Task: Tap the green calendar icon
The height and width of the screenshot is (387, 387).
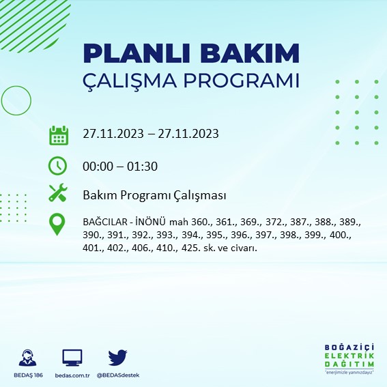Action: coord(59,134)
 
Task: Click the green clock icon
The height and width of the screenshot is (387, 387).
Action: coord(58,165)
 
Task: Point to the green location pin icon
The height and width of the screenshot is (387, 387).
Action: coord(58,224)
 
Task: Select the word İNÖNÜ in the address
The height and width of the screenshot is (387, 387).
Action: coord(151,223)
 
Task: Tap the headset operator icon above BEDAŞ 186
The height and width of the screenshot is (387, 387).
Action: coord(28,358)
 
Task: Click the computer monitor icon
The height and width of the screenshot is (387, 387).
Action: coord(72,357)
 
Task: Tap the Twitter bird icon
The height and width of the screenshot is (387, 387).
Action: coord(118,357)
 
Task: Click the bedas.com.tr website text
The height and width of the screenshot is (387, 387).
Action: coord(72,375)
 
